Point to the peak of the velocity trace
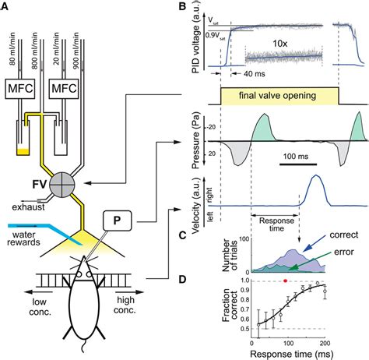(x=315, y=177)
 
